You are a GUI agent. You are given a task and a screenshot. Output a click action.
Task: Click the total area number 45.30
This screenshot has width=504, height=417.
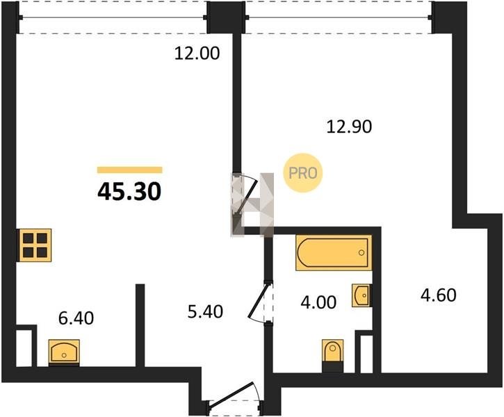[x=129, y=192]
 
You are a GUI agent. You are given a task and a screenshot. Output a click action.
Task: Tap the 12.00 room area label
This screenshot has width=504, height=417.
[x=197, y=54]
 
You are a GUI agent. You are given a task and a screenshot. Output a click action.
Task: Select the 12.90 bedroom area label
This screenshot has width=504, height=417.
[x=349, y=126]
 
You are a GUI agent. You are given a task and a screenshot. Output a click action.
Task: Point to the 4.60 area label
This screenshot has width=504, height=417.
[x=439, y=295]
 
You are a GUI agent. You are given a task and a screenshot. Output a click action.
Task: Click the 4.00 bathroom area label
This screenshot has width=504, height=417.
[x=318, y=302]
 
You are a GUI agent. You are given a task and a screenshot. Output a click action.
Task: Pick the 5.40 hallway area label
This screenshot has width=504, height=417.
[x=205, y=311]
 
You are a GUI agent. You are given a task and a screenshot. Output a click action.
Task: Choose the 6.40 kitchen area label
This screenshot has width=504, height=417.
[x=76, y=318]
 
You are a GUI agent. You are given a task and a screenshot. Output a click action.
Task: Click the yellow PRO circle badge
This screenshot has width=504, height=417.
[x=302, y=173]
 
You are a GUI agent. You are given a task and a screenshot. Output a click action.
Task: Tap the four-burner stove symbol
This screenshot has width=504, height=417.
[x=35, y=245]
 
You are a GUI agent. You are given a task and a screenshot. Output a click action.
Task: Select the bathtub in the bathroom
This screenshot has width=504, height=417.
[x=334, y=252]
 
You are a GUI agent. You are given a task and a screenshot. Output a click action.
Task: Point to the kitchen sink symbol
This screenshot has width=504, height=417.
[x=64, y=352]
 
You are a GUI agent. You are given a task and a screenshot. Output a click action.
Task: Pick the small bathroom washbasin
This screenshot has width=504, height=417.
[x=361, y=295]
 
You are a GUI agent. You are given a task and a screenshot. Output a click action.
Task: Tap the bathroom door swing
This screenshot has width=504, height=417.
[x=261, y=302]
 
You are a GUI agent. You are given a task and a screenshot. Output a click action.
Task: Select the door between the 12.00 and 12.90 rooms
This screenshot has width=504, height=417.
[x=245, y=196]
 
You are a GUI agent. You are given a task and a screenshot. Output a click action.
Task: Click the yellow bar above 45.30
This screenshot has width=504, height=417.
[x=130, y=170]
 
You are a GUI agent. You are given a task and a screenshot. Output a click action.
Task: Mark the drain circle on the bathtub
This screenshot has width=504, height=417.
[x=361, y=252]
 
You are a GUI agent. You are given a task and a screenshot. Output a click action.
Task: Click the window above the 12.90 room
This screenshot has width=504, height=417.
[x=339, y=17]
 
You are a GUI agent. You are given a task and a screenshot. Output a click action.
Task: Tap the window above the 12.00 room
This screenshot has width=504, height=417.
[x=113, y=17]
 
